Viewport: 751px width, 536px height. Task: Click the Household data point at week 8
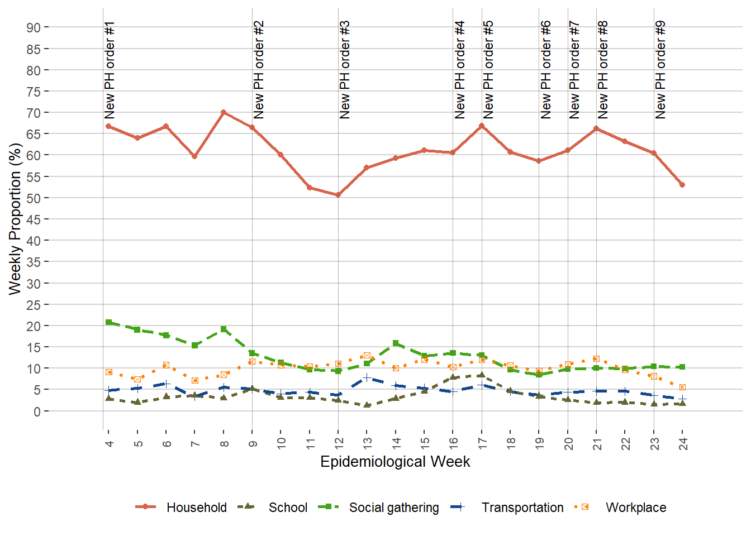(x=224, y=112)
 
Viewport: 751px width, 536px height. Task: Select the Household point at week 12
(x=338, y=195)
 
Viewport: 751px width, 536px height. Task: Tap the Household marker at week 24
(x=682, y=185)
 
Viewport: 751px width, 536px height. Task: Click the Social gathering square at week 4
(x=109, y=322)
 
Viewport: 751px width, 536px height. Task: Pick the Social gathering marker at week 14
(x=396, y=343)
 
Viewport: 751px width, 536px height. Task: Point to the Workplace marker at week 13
(x=367, y=356)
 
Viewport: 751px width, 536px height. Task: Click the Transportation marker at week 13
(x=367, y=378)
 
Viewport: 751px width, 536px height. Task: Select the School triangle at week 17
(x=482, y=375)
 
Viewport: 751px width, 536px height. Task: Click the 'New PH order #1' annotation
(x=110, y=70)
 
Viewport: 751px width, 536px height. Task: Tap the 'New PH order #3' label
(x=345, y=70)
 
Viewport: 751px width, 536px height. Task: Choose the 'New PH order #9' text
(x=660, y=70)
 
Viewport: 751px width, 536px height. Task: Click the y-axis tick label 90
(x=34, y=28)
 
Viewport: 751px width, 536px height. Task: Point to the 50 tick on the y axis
(x=34, y=198)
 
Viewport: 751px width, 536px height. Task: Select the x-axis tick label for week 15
(x=425, y=443)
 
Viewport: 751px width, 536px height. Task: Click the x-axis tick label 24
(x=683, y=443)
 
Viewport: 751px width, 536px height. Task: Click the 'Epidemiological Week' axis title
(x=395, y=462)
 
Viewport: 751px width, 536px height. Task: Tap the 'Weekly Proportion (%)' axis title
(x=15, y=219)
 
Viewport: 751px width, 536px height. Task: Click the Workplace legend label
(x=635, y=508)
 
